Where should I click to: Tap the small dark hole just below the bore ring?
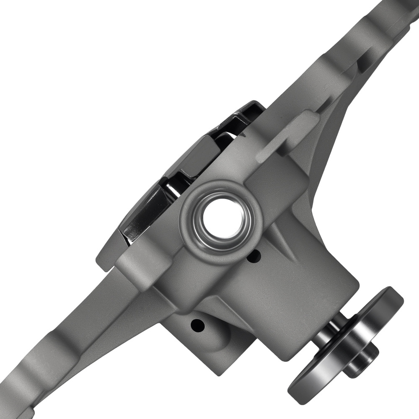click(253, 255)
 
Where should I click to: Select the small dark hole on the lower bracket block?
click(196, 324)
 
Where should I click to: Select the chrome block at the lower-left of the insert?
click(140, 214)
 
